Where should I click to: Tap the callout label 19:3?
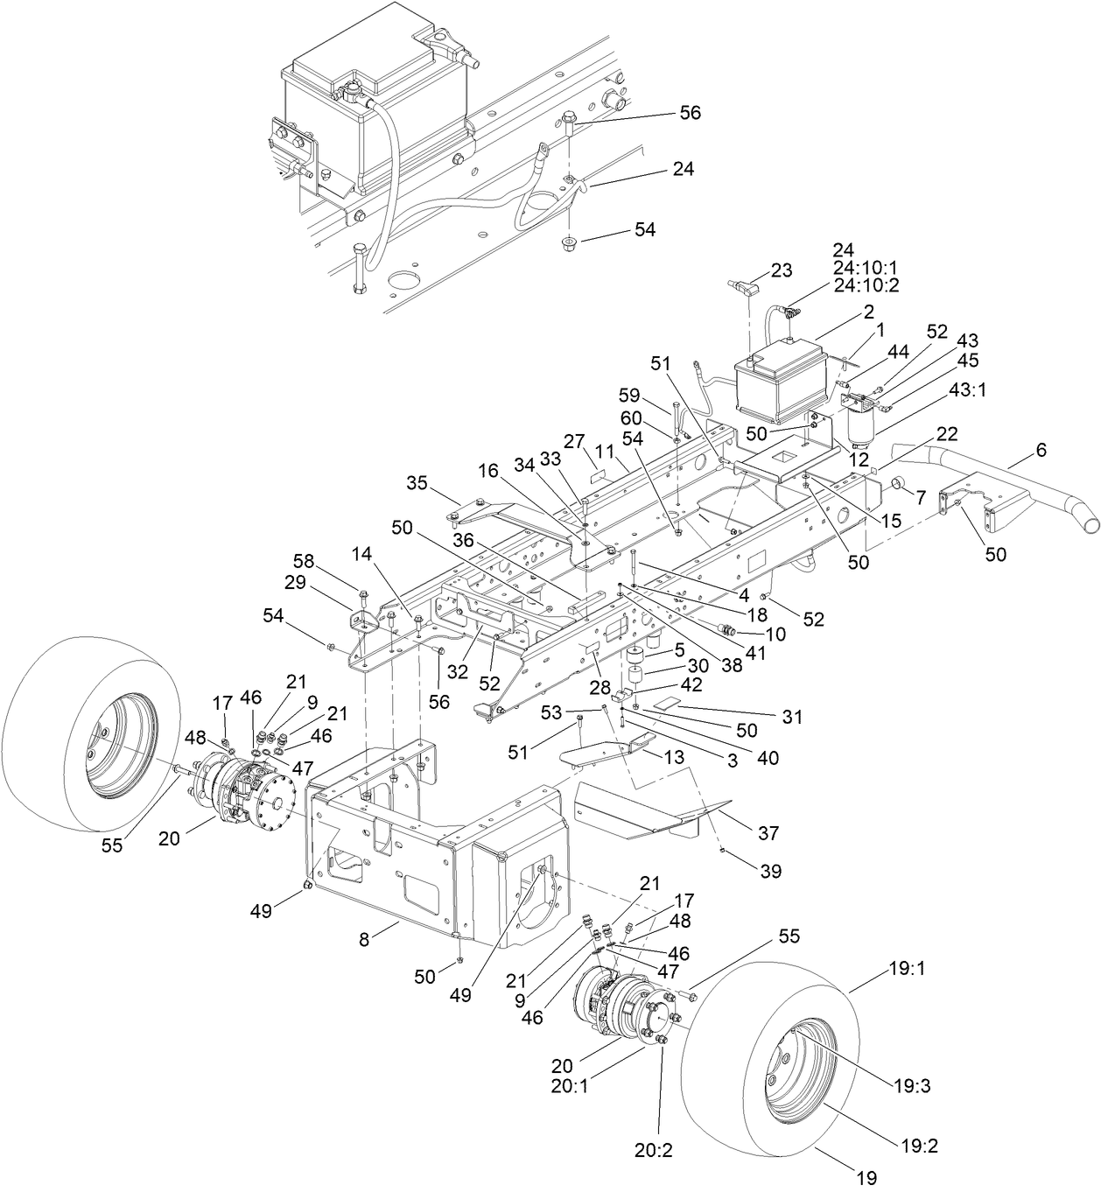point(913,1086)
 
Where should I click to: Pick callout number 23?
point(782,270)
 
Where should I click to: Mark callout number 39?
point(771,871)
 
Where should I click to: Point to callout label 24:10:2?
point(866,284)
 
